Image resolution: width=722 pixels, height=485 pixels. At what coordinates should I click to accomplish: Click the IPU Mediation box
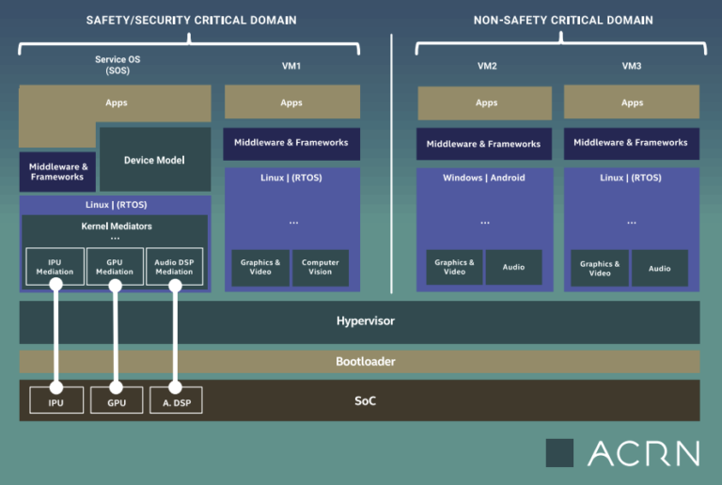coord(55,266)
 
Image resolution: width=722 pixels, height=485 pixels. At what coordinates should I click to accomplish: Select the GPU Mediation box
coord(115,266)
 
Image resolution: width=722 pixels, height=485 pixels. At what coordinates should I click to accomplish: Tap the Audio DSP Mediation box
coord(174,266)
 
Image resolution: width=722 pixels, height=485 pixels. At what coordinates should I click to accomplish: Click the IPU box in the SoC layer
coord(56,399)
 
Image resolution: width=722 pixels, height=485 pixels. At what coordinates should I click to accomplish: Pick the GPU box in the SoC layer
coord(117,399)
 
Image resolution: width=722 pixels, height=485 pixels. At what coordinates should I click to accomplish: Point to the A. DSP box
coord(177,399)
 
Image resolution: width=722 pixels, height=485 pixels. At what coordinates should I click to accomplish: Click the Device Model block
coord(155,159)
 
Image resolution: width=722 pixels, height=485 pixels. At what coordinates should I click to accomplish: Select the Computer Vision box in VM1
coord(321,268)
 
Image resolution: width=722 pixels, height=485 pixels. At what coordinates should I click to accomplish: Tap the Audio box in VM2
coord(513,267)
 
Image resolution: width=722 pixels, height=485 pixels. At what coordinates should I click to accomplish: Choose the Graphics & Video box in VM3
coord(600,268)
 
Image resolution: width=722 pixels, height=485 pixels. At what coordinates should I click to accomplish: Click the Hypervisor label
coord(366,321)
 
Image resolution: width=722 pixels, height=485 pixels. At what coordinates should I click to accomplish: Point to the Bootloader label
coord(366,361)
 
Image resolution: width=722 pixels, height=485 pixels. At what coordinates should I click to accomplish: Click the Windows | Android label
coord(484,178)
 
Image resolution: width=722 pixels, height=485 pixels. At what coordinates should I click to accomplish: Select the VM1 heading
coord(291,66)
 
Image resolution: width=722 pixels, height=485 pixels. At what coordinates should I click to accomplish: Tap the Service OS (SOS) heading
coord(118,65)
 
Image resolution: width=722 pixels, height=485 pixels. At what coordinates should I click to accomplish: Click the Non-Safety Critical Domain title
coord(563,21)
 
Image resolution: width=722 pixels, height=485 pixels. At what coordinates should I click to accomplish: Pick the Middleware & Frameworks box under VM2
coord(484,144)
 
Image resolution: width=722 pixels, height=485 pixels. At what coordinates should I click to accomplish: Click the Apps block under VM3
coord(632,102)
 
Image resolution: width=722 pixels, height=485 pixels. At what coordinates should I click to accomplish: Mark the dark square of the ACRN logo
coord(559,453)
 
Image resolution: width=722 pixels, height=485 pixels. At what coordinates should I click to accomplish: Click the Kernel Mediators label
coord(117,226)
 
